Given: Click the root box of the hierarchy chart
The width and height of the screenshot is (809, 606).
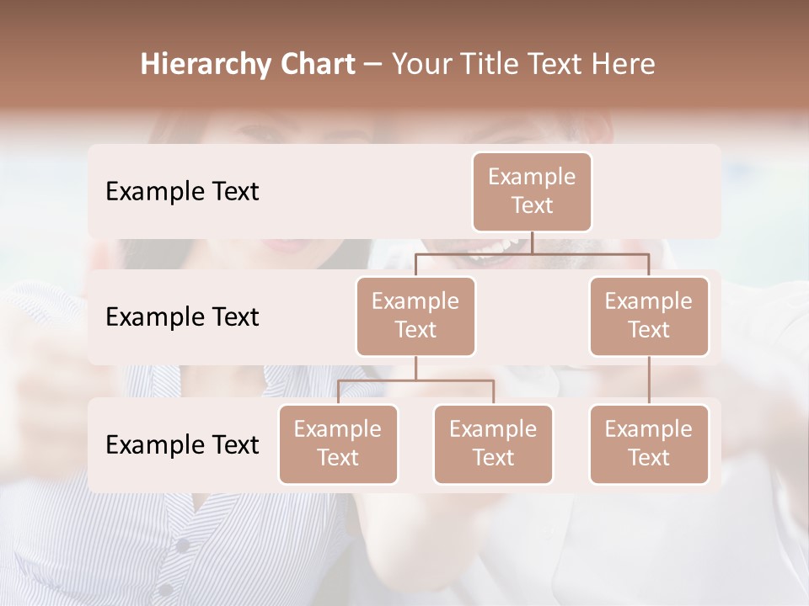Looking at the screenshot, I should click(532, 191).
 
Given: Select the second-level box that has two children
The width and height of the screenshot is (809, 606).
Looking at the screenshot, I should click(415, 316).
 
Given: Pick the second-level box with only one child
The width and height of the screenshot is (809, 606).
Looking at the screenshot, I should click(649, 316).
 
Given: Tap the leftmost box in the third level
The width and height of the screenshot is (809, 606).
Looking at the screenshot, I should click(338, 444).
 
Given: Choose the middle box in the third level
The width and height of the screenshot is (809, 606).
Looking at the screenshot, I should click(493, 444).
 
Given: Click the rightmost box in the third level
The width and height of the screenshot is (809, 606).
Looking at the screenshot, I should click(649, 444).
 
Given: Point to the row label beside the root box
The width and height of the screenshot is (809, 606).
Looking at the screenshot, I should click(182, 192).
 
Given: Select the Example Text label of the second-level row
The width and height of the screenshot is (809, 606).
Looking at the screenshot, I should click(182, 317).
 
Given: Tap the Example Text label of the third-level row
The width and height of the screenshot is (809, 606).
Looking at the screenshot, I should click(182, 445).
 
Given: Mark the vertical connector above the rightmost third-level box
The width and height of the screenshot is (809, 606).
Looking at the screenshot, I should click(649, 380).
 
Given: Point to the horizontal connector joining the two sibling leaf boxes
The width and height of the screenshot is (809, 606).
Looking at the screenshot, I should click(415, 380).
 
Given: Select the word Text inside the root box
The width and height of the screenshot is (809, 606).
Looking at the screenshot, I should click(532, 205).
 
